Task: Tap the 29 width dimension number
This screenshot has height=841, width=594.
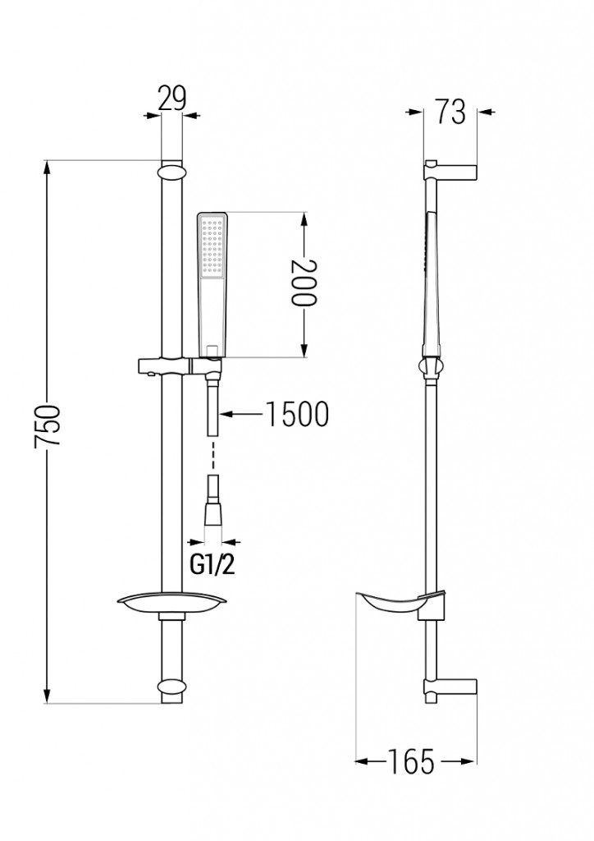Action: pos(172,99)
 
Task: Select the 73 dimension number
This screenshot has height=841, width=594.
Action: pos(450,112)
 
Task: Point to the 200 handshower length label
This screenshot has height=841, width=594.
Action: pos(304,283)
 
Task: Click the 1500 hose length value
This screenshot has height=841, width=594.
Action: pos(298,415)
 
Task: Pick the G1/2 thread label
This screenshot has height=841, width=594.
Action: pos(212,565)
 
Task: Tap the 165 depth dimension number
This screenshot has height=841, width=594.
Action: pos(411,761)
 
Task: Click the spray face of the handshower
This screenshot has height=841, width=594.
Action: pos(212,245)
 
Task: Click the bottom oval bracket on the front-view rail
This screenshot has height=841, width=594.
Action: pos(172,689)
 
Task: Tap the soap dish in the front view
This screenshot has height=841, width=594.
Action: pos(172,604)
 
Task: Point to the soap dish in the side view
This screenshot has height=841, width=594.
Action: pos(397,604)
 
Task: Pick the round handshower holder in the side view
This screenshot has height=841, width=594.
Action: pos(432,368)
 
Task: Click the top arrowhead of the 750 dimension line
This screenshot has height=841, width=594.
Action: pos(47,168)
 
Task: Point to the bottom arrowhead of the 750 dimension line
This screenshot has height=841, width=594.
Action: pos(47,696)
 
